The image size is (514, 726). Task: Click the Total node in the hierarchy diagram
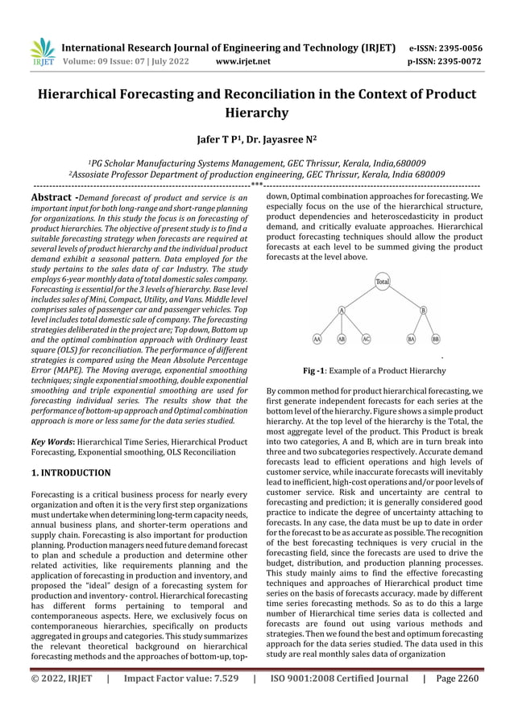[382, 282]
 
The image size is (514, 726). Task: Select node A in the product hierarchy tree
[342, 310]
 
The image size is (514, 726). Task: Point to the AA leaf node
[317, 340]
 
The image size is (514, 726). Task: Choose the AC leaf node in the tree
[366, 340]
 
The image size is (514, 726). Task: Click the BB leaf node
[436, 340]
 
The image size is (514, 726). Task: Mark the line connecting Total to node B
[404, 296]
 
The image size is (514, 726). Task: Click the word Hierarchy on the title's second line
[256, 113]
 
